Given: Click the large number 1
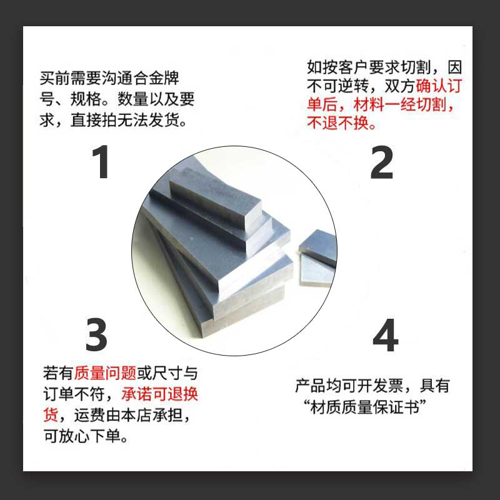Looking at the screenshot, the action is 101,162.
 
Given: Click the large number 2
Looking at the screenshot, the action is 382,162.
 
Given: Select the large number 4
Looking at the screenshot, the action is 386,335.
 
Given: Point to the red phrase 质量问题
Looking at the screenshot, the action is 106,372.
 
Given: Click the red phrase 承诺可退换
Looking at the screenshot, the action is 160,394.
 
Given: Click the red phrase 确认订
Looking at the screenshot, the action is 439,86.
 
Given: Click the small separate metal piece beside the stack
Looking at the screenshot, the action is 317,258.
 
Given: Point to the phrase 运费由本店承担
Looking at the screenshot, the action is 129,415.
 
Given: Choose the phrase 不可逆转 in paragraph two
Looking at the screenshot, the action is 337,86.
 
